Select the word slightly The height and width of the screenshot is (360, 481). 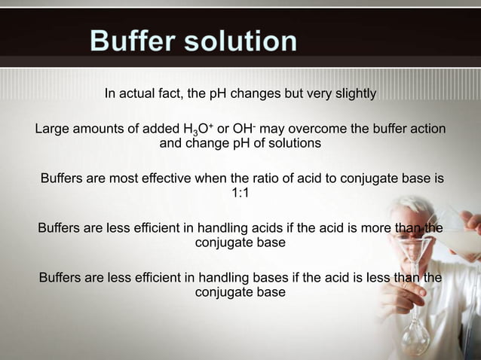coord(351,94)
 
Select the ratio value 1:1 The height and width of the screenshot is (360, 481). coord(240,194)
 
